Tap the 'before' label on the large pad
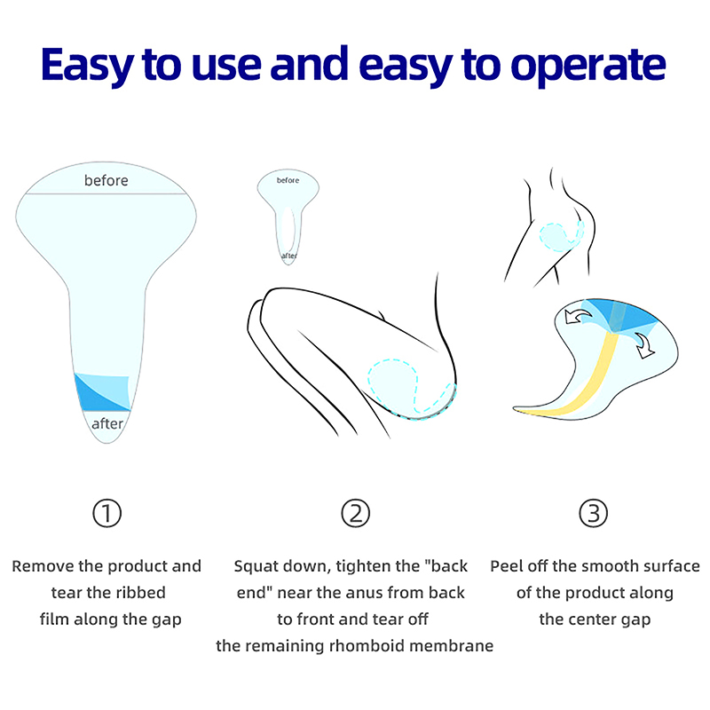106,181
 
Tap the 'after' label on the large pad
107,424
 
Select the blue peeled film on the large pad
103,392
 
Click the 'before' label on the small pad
288,180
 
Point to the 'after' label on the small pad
289,256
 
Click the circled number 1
106,514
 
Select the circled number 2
356,514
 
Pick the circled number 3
593,514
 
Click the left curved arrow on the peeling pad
579,316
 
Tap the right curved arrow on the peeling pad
644,345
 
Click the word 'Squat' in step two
256,566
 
